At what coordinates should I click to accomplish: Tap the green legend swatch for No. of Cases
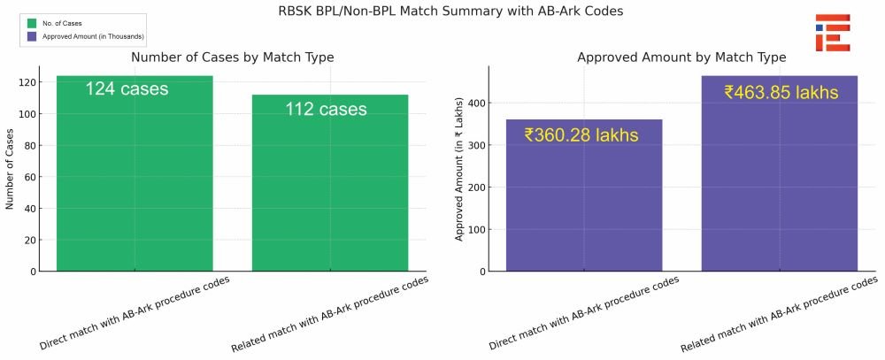click(x=32, y=23)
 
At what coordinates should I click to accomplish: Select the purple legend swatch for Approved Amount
click(x=32, y=36)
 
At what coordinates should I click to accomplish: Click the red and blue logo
click(x=833, y=33)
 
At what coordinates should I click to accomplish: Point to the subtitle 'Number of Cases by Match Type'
click(x=233, y=57)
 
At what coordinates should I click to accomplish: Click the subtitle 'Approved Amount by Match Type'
click(x=681, y=57)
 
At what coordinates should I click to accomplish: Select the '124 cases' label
click(x=127, y=88)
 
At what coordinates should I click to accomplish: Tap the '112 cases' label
click(x=326, y=109)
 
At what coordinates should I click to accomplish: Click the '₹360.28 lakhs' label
click(x=581, y=135)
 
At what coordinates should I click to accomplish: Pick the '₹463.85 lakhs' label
click(x=781, y=93)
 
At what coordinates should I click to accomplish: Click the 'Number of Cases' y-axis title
click(x=9, y=169)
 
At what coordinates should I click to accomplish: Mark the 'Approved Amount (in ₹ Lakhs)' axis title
click(x=458, y=169)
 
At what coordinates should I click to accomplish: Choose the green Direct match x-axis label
click(x=135, y=314)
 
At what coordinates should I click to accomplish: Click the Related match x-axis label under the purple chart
click(x=779, y=314)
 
